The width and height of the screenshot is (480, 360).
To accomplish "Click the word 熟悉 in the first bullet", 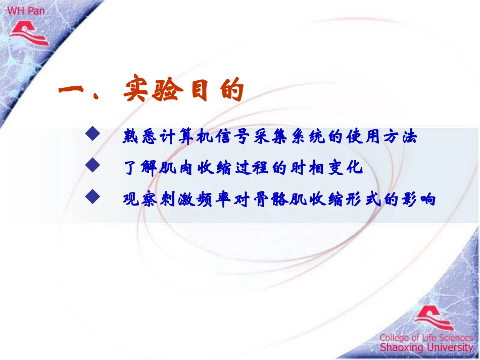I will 138,137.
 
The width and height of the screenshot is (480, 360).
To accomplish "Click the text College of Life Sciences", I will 426,337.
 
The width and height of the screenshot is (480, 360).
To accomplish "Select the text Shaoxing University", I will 426,348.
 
